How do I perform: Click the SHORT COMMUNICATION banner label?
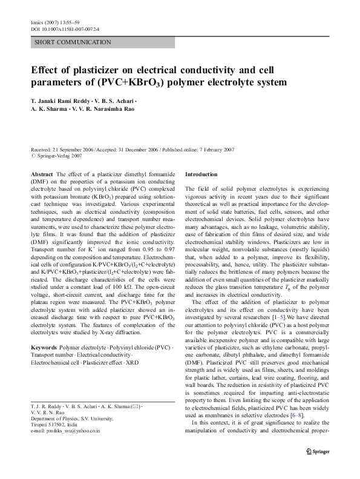click(73, 42)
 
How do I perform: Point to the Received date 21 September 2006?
click(64, 148)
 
